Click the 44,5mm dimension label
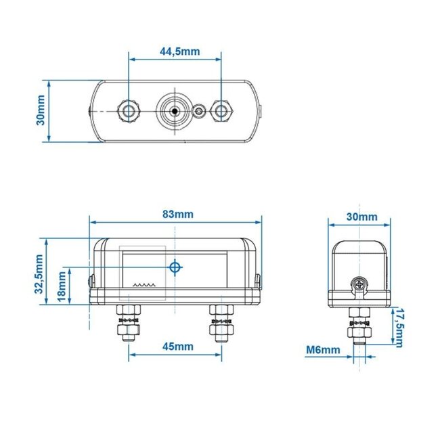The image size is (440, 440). (175, 51)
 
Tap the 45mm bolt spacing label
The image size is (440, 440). (175, 346)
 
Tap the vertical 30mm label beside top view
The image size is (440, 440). (41, 110)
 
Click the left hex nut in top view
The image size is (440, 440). (128, 110)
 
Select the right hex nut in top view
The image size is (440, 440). (221, 110)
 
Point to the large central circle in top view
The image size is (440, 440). (175, 110)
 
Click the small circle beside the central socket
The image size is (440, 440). (200, 110)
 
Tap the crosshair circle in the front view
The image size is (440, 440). (175, 268)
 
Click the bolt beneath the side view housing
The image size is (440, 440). (359, 328)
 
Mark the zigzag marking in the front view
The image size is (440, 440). (144, 286)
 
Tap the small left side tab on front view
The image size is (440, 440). (91, 278)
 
